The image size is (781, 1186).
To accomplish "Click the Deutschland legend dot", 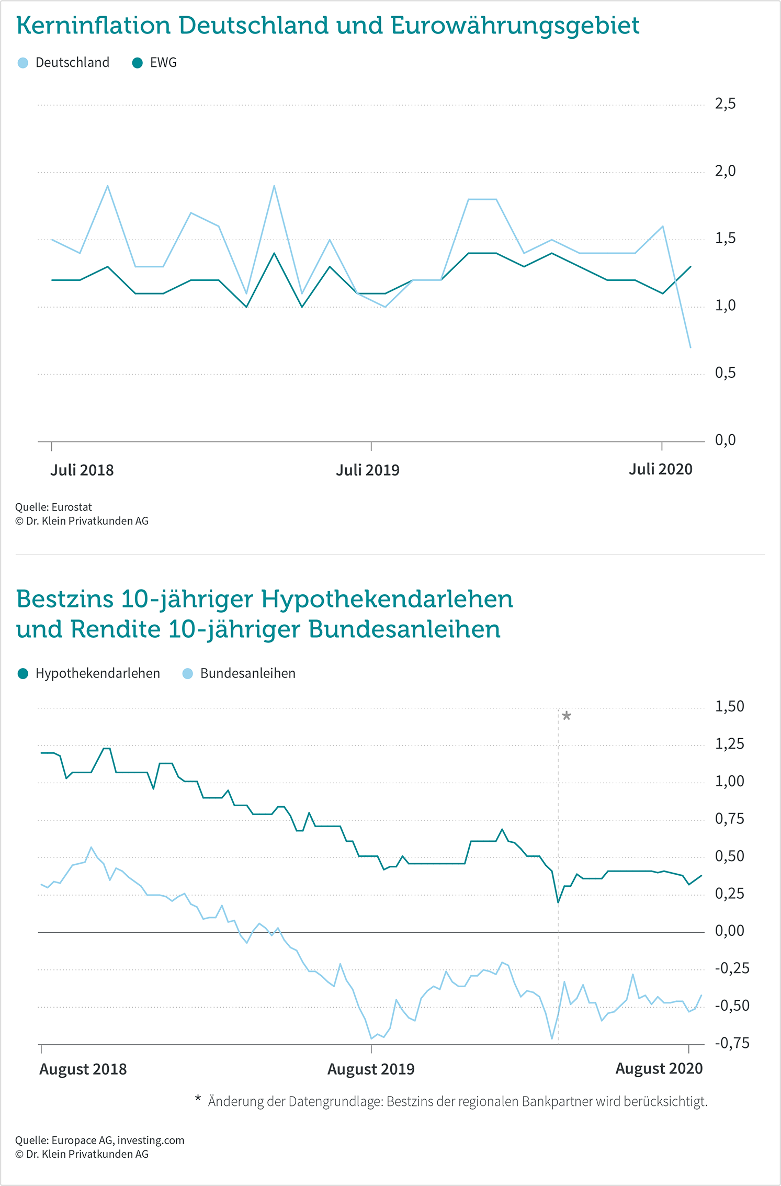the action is pos(23,63).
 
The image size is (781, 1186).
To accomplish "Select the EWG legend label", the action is pos(163,63).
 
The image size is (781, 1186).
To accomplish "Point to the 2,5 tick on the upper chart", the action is pos(725,104).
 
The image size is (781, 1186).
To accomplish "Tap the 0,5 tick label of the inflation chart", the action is pos(725,373).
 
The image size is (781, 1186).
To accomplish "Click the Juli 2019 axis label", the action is pos(368,470).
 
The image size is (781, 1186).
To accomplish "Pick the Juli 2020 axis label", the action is pos(661,469).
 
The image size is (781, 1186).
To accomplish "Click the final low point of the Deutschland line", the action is pos(691,347).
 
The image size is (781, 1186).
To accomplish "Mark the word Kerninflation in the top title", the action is pos(94,25).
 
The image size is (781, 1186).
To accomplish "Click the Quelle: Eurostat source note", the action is pos(53,507).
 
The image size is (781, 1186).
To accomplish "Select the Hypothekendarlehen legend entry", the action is pos(89,673).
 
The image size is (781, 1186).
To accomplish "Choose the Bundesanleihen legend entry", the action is pos(239,673).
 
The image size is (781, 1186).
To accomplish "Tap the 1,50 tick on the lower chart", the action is pos(730,707).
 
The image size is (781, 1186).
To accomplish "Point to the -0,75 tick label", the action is pos(732,1043).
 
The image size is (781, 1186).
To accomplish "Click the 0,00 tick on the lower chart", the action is pos(730,931).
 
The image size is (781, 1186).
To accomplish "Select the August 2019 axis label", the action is pos(371,1069).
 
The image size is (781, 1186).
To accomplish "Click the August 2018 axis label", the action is pos(83,1069).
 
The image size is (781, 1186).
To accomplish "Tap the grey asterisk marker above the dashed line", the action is pos(567,715).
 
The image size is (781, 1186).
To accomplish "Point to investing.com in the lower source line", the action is pos(151,1140).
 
